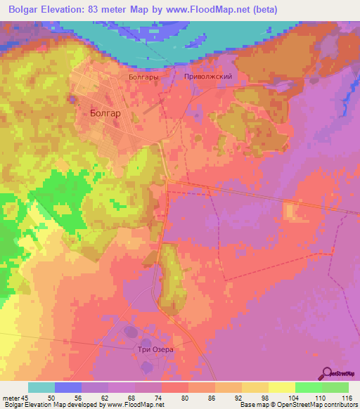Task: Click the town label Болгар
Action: (105, 112)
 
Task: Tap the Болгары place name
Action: (143, 77)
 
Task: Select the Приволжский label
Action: (207, 77)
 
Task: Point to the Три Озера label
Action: (154, 349)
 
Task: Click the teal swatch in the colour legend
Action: (41, 387)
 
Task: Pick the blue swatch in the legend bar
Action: (68, 387)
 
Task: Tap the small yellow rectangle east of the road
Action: (290, 211)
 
